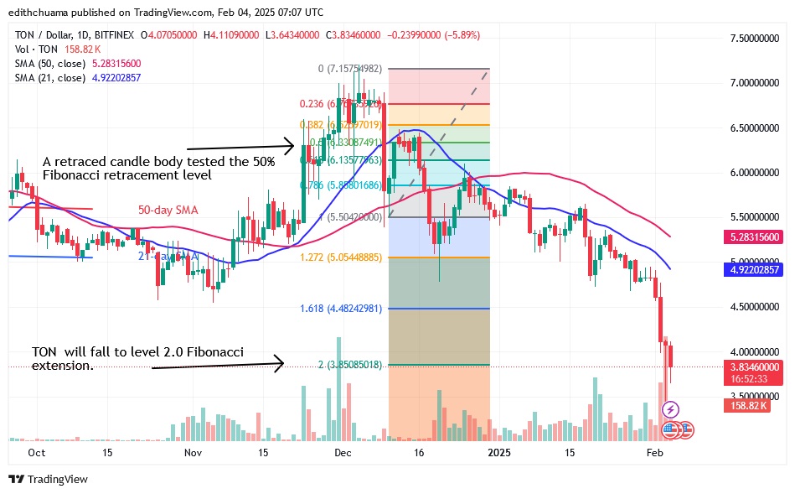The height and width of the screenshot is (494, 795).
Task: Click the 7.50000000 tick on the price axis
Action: point(754,39)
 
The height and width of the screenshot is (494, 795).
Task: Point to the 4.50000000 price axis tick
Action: point(754,307)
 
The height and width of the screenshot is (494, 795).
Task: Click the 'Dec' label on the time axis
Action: point(343,453)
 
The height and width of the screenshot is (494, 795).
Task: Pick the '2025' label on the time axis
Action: point(498,453)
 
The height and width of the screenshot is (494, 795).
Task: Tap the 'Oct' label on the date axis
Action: point(35,453)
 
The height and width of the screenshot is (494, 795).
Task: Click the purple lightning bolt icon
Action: point(670,410)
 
